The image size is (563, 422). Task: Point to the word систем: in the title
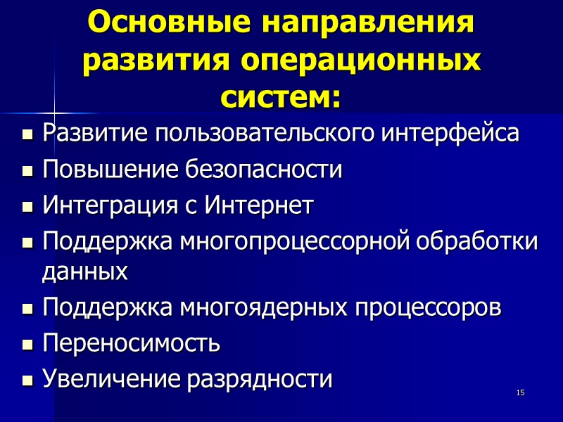click(x=281, y=97)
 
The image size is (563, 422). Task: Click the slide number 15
click(x=521, y=392)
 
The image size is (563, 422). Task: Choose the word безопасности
click(x=265, y=170)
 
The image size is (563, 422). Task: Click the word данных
click(x=85, y=273)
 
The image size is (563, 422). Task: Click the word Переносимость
click(x=131, y=344)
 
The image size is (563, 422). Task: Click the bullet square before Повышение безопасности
click(x=28, y=171)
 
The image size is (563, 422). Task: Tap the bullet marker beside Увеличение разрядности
click(x=28, y=381)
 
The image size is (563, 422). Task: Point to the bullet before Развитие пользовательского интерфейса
click(x=28, y=134)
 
